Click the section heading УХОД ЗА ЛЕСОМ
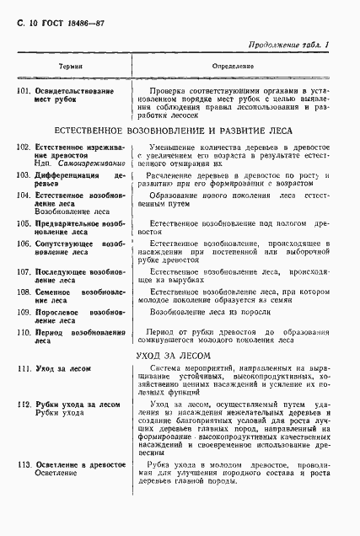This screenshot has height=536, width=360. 180,356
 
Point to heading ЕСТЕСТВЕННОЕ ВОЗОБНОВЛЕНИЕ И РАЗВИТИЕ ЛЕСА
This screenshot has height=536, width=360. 180,133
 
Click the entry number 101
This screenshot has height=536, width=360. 24,89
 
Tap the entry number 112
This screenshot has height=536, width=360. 24,405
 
